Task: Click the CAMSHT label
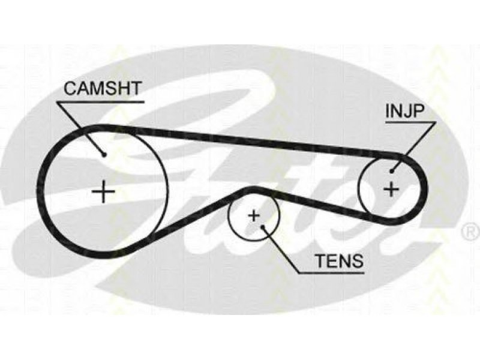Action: pyautogui.click(x=103, y=88)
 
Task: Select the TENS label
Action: pyautogui.click(x=340, y=261)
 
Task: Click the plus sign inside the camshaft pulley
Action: pyautogui.click(x=103, y=191)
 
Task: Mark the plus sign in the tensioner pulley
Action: pyautogui.click(x=254, y=216)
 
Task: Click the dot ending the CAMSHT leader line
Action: pyautogui.click(x=104, y=155)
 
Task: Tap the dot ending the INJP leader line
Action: pyautogui.click(x=392, y=172)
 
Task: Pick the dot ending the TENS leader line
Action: pyautogui.click(x=262, y=227)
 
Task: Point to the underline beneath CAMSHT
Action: pyautogui.click(x=100, y=102)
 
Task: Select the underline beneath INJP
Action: pyautogui.click(x=411, y=122)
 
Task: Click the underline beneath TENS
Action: pyautogui.click(x=331, y=272)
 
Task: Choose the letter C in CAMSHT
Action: pyautogui.click(x=70, y=88)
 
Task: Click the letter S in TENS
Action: pyautogui.click(x=357, y=261)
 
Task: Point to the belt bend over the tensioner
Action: pyautogui.click(x=254, y=189)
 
